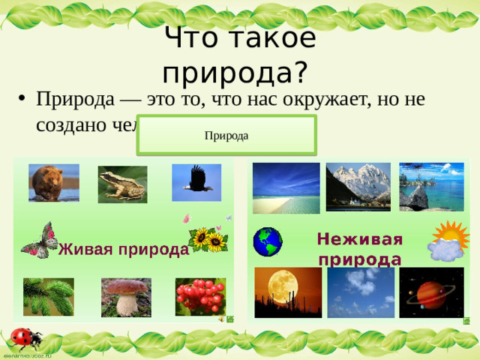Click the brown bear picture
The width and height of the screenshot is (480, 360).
pyautogui.click(x=53, y=183)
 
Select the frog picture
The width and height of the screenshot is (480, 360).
pyautogui.click(x=122, y=184)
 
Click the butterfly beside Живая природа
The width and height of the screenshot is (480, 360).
pyautogui.click(x=40, y=239)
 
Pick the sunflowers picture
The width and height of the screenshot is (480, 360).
pyautogui.click(x=208, y=239)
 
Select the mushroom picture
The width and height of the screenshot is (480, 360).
pyautogui.click(x=126, y=297)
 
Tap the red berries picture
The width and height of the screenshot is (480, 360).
pyautogui.click(x=200, y=296)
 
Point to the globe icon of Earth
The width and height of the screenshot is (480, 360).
pyautogui.click(x=267, y=241)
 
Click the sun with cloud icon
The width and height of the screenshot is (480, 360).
pyautogui.click(x=448, y=241)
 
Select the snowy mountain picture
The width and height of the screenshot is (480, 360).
pyautogui.click(x=358, y=186)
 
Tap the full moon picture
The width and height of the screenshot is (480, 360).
pyautogui.click(x=288, y=292)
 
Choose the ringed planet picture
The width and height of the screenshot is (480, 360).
pyautogui.click(x=431, y=292)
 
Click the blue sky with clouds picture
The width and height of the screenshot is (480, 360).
pyautogui.click(x=360, y=292)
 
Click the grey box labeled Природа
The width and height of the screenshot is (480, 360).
pyautogui.click(x=226, y=135)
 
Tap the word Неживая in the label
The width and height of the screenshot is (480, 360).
pyautogui.click(x=359, y=239)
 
